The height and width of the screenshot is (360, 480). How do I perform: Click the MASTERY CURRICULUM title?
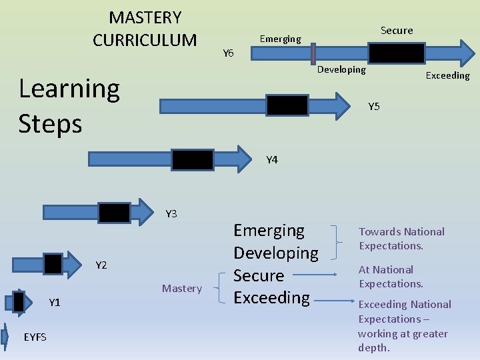(145, 29)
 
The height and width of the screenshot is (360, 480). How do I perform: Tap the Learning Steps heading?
(69, 105)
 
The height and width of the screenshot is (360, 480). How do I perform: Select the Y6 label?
(228, 53)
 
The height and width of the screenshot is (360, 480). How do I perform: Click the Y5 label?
(374, 107)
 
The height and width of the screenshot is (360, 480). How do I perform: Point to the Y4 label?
(272, 160)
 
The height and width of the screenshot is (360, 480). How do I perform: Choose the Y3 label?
(171, 214)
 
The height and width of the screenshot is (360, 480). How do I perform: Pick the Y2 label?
(101, 265)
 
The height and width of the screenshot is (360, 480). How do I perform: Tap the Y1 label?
(55, 303)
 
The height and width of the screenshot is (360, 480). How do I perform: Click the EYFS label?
(35, 337)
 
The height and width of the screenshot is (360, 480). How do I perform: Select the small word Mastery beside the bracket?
(181, 289)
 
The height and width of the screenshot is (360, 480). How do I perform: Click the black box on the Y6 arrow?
(397, 53)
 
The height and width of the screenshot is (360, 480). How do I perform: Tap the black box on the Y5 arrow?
(287, 105)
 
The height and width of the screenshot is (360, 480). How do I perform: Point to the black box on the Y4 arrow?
(193, 159)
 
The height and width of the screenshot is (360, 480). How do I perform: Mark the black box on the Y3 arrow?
(115, 212)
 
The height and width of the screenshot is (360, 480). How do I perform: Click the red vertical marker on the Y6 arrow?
(313, 53)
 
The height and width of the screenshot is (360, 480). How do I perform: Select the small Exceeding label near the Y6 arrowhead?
(447, 75)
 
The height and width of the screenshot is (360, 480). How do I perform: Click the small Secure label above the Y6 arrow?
(397, 31)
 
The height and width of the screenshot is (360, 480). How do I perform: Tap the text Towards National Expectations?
(401, 239)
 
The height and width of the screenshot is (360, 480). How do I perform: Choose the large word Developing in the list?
(275, 253)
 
